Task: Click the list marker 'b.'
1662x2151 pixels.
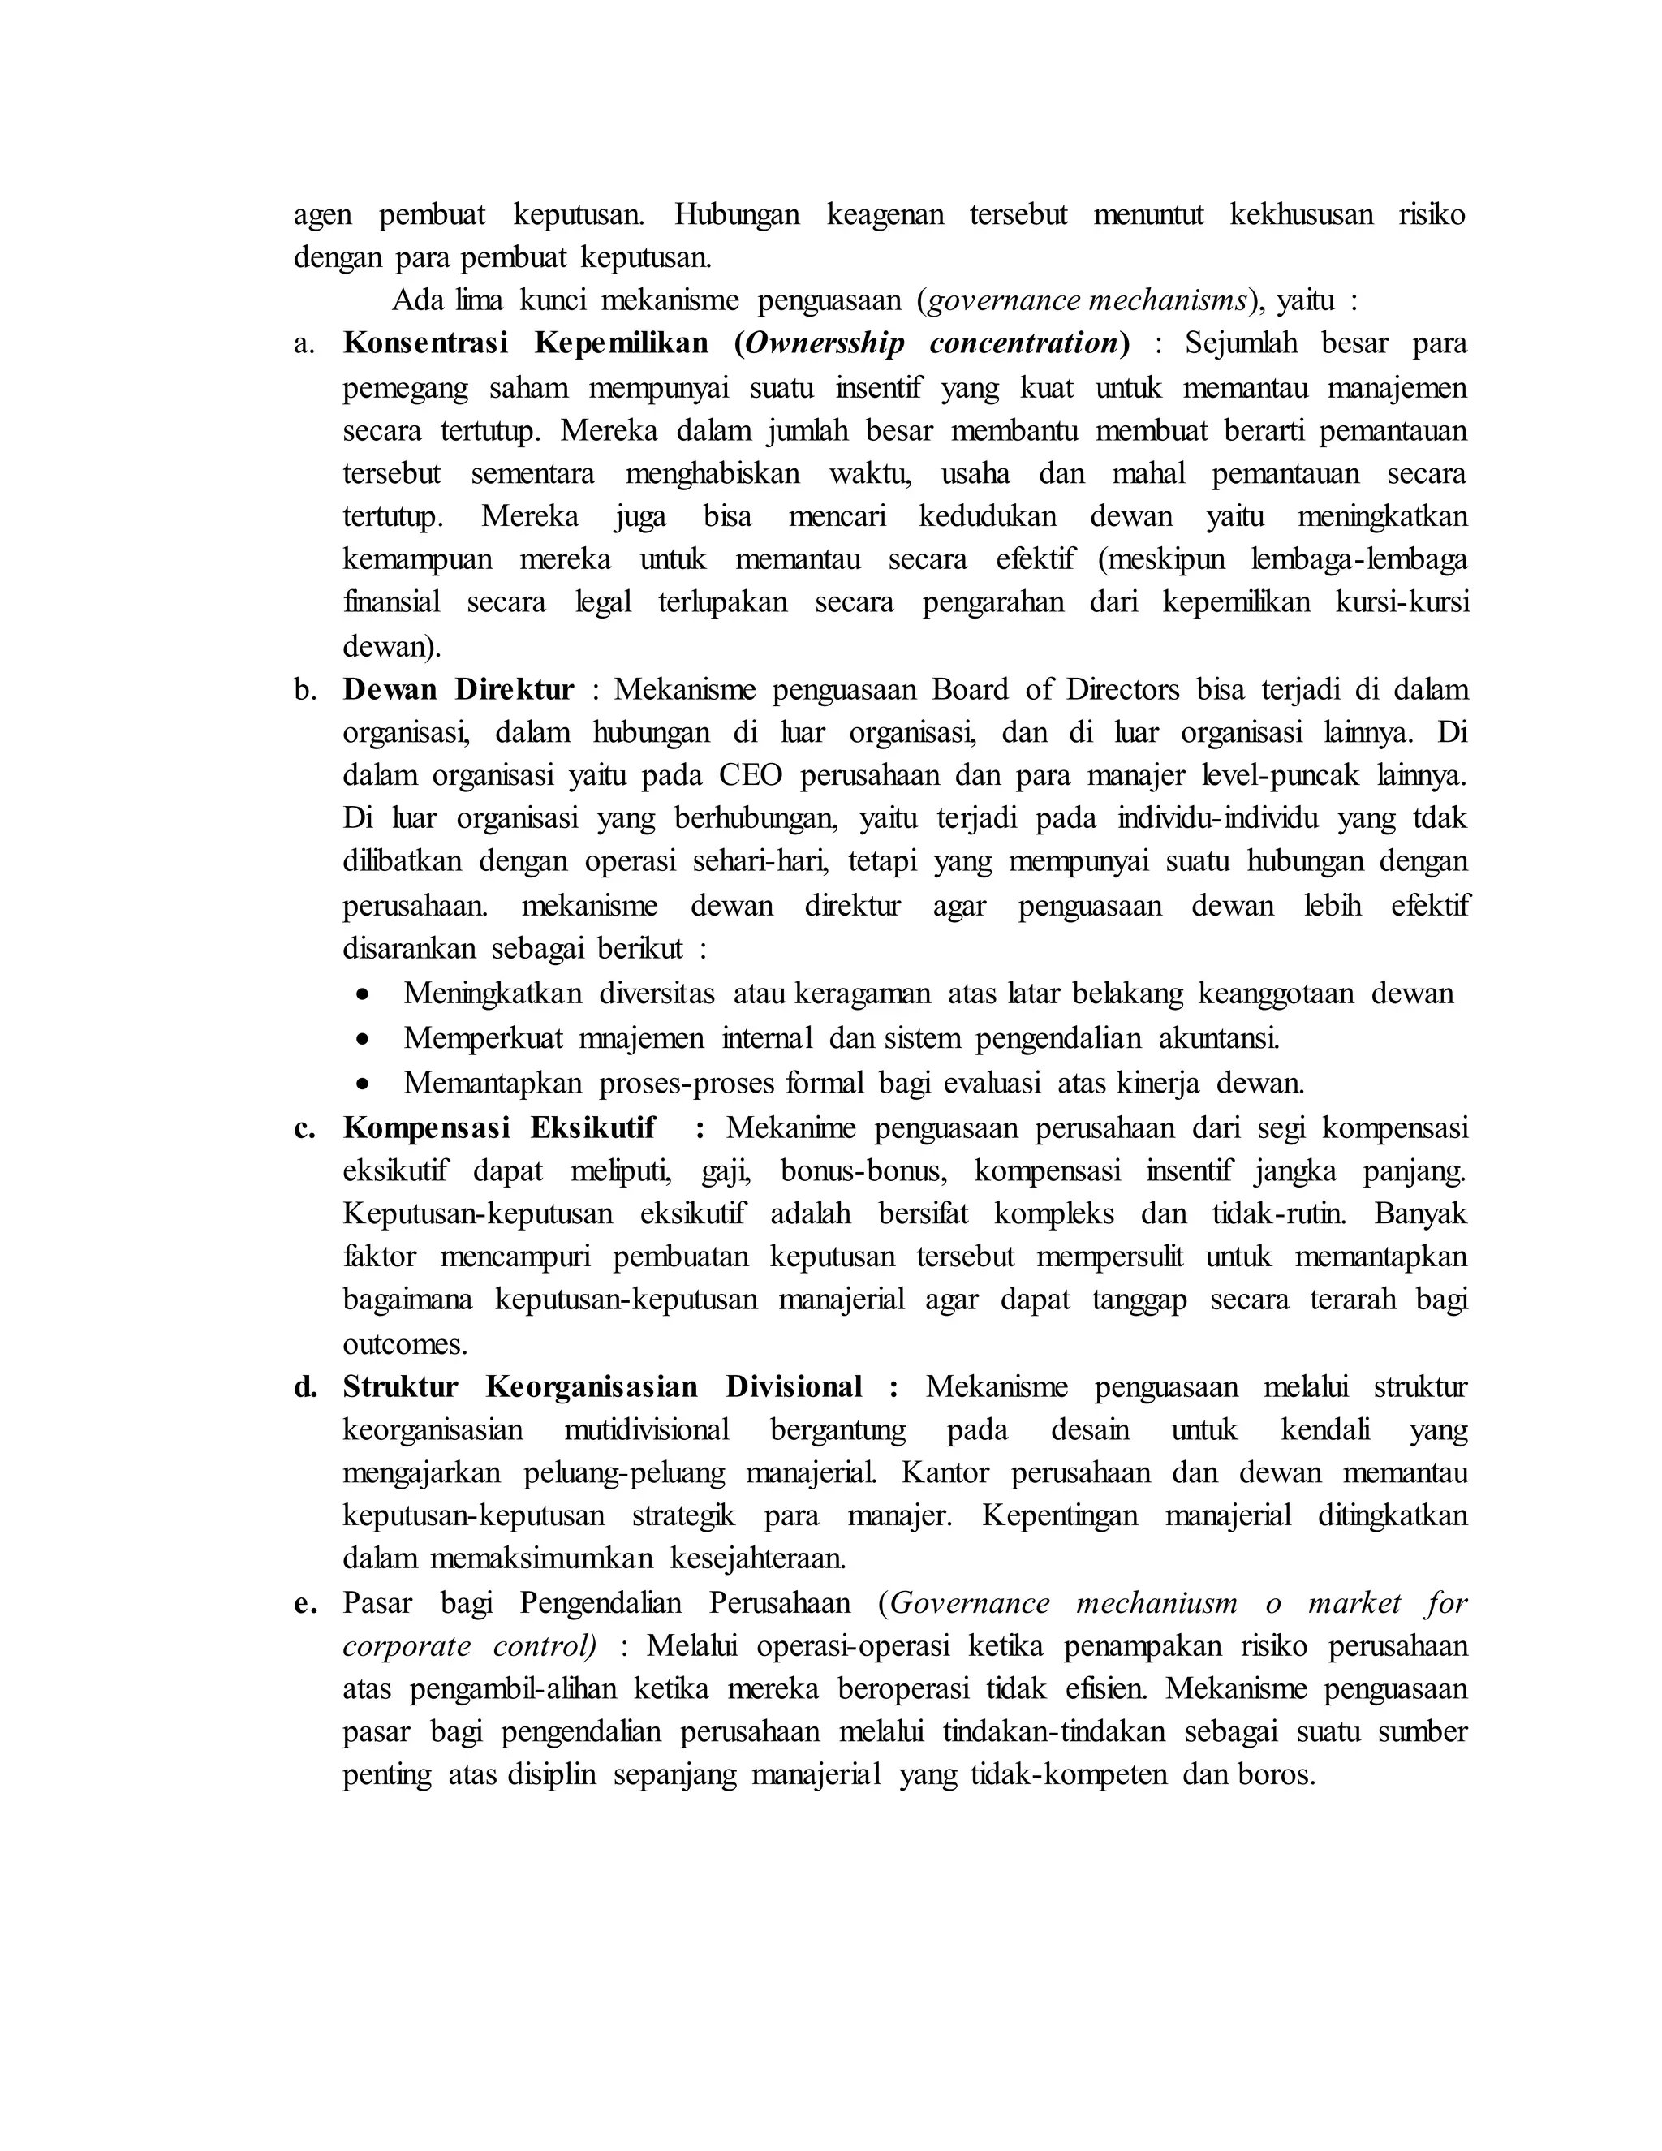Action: pyautogui.click(x=305, y=689)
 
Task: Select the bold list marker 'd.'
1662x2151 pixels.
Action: pyautogui.click(x=305, y=1388)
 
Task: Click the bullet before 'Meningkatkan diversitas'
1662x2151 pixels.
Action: pyautogui.click(x=364, y=995)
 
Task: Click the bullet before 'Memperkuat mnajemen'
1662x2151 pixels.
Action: pyautogui.click(x=364, y=1039)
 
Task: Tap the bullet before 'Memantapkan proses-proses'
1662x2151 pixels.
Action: pyautogui.click(x=364, y=1084)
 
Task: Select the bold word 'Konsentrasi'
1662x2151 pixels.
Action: pyautogui.click(x=425, y=343)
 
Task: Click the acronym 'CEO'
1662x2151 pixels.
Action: pyautogui.click(x=751, y=776)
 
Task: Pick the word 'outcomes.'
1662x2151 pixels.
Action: pyautogui.click(x=405, y=1344)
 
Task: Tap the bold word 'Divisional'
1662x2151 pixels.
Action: pyautogui.click(x=794, y=1388)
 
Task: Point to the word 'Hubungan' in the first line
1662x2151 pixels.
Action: pyautogui.click(x=737, y=215)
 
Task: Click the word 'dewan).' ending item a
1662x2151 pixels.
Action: pyautogui.click(x=392, y=647)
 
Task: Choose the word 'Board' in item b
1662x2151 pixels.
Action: pyautogui.click(x=971, y=689)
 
